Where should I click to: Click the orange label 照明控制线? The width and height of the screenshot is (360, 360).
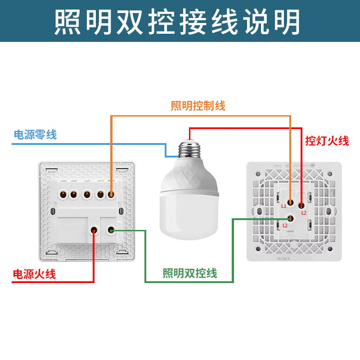pyautogui.click(x=198, y=106)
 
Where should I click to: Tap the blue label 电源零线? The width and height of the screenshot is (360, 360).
pyautogui.click(x=35, y=135)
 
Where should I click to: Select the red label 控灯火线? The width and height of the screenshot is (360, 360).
pyautogui.click(x=327, y=141)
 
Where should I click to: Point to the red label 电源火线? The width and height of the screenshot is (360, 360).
pyautogui.click(x=34, y=274)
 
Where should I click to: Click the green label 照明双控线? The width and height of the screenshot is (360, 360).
pyautogui.click(x=190, y=273)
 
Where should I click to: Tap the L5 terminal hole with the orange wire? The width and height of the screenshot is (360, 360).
pyautogui.click(x=111, y=195)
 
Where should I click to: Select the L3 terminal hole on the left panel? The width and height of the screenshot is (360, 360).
pyautogui.click(x=86, y=195)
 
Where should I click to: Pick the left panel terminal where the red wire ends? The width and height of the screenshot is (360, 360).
pyautogui.click(x=94, y=230)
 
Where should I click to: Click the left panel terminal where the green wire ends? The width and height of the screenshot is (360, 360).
pyautogui.click(x=111, y=230)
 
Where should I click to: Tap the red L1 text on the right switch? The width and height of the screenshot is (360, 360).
pyautogui.click(x=284, y=206)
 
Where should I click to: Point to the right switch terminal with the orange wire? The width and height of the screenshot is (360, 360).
pyautogui.click(x=291, y=203)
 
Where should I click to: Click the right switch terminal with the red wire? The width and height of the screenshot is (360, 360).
pyautogui.click(x=301, y=205)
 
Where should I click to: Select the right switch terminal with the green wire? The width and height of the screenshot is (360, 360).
pyautogui.click(x=291, y=219)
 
